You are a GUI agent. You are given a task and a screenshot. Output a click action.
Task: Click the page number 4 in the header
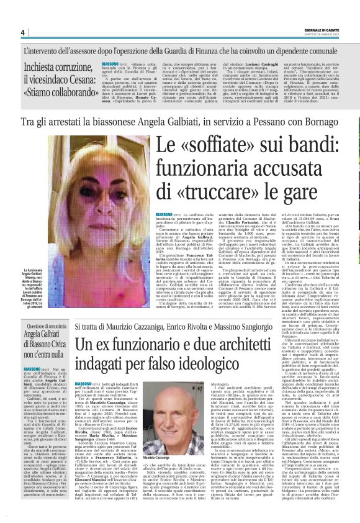(22, 33)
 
